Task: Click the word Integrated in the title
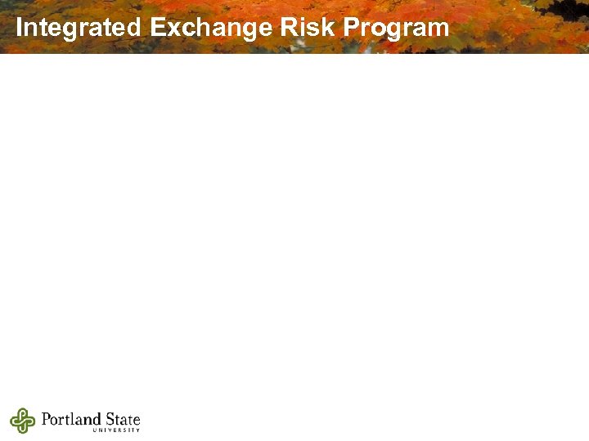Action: [79, 28]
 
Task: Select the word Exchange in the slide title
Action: [211, 28]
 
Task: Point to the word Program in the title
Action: [396, 28]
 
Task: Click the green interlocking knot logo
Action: [23, 421]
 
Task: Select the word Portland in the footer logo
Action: [73, 420]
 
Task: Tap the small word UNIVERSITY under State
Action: [117, 430]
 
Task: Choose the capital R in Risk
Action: [287, 28]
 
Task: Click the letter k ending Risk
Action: [330, 28]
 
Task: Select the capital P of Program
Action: [351, 28]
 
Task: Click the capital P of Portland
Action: [45, 420]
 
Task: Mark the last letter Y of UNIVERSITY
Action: [138, 430]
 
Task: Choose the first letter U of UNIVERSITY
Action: [96, 430]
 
